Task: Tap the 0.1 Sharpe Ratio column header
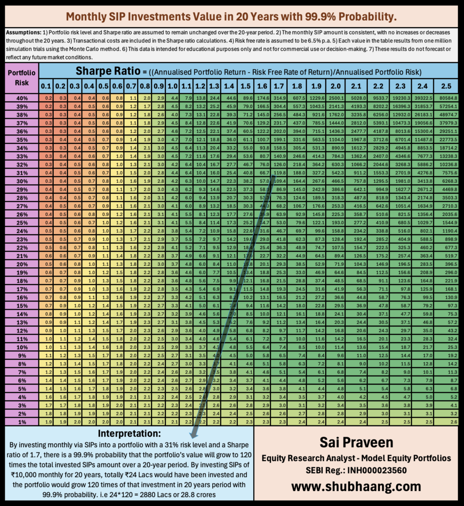point(47,86)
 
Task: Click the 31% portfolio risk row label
point(20,172)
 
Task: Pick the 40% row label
point(20,98)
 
